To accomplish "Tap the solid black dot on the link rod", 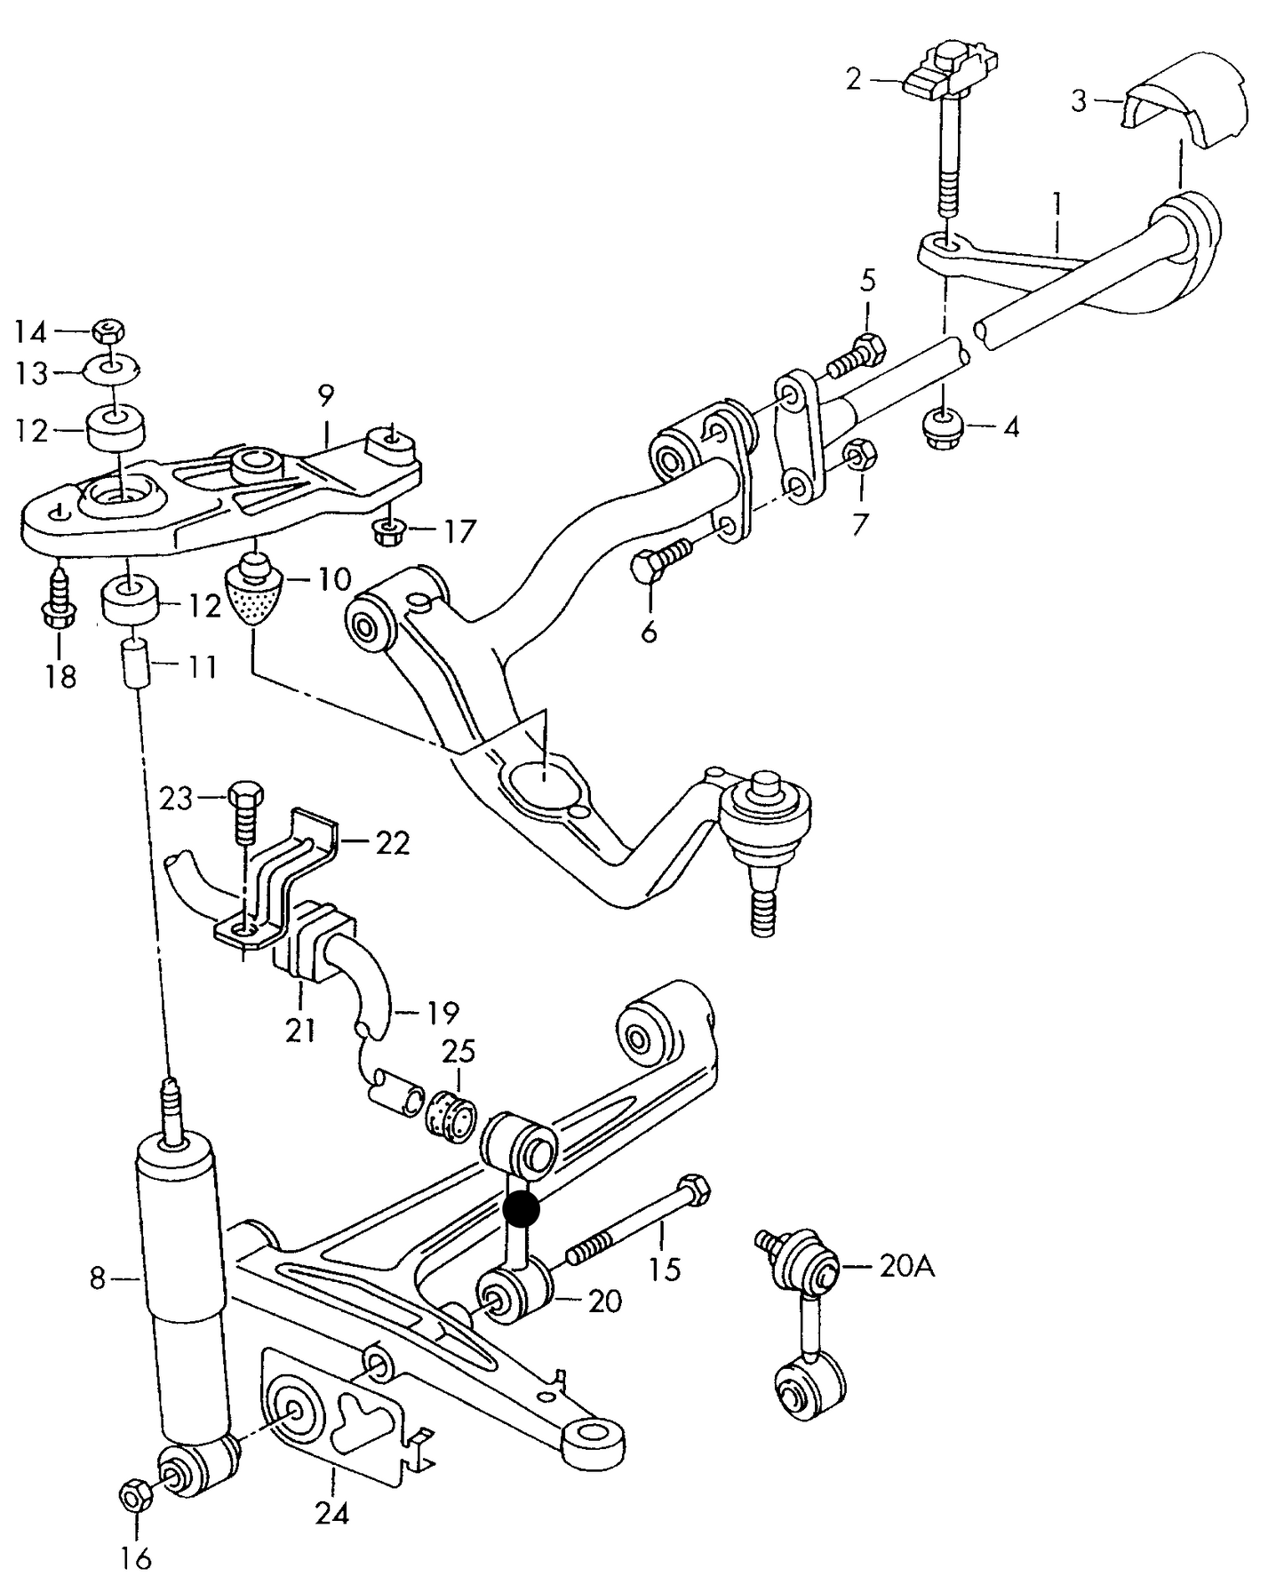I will (x=521, y=1209).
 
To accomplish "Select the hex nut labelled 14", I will (x=108, y=332).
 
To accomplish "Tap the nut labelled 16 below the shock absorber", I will (x=135, y=1497).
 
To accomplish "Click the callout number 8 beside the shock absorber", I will (x=97, y=1280).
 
